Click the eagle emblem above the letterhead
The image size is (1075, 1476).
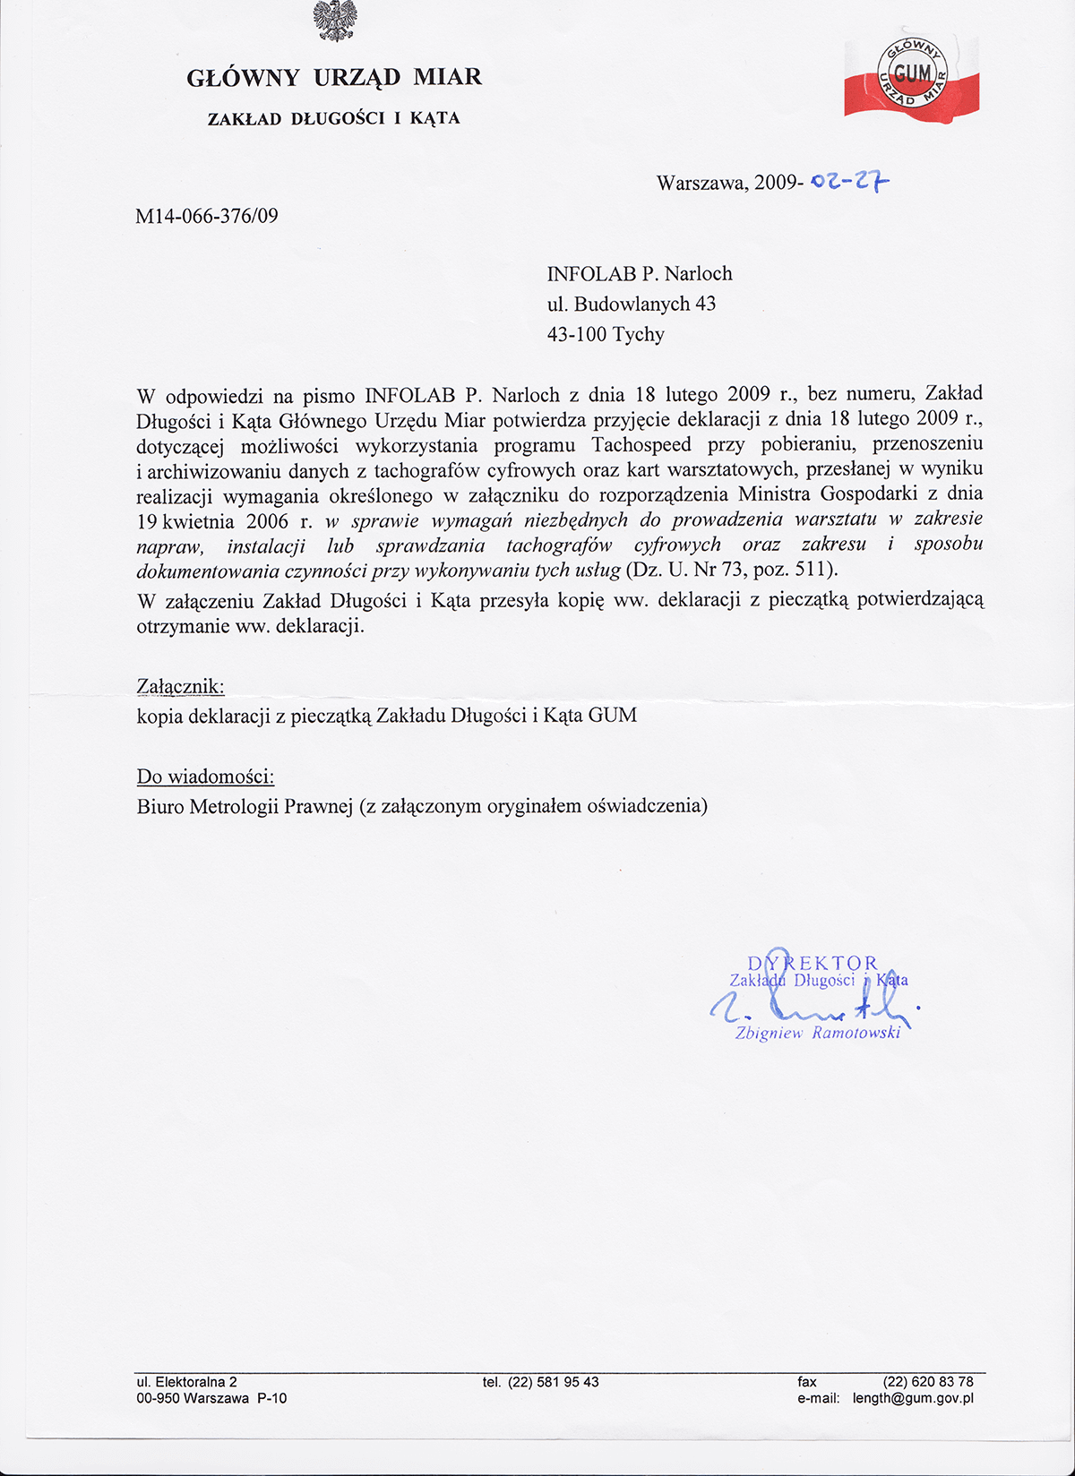coord(335,21)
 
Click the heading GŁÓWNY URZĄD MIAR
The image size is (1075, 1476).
coord(334,78)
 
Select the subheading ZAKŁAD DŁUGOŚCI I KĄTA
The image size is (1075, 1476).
coord(333,118)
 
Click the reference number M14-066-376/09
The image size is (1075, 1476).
coord(207,216)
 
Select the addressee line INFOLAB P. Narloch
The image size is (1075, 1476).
coord(640,274)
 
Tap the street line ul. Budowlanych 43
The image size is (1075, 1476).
coord(632,305)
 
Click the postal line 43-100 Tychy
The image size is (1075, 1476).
coord(606,335)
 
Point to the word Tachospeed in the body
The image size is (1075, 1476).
coord(641,445)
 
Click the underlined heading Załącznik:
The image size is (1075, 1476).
coord(180,687)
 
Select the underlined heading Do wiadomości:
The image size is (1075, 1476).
coord(205,777)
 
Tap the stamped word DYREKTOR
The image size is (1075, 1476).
coord(813,964)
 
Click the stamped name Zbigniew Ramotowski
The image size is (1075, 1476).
coord(817,1034)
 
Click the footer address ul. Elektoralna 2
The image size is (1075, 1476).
coord(186,1382)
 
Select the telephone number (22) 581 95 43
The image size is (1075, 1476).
coord(553,1382)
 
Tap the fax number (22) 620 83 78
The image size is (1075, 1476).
coord(927,1382)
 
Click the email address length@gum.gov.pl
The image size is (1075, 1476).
coord(912,1398)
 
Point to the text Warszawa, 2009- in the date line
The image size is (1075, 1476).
coord(728,183)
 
